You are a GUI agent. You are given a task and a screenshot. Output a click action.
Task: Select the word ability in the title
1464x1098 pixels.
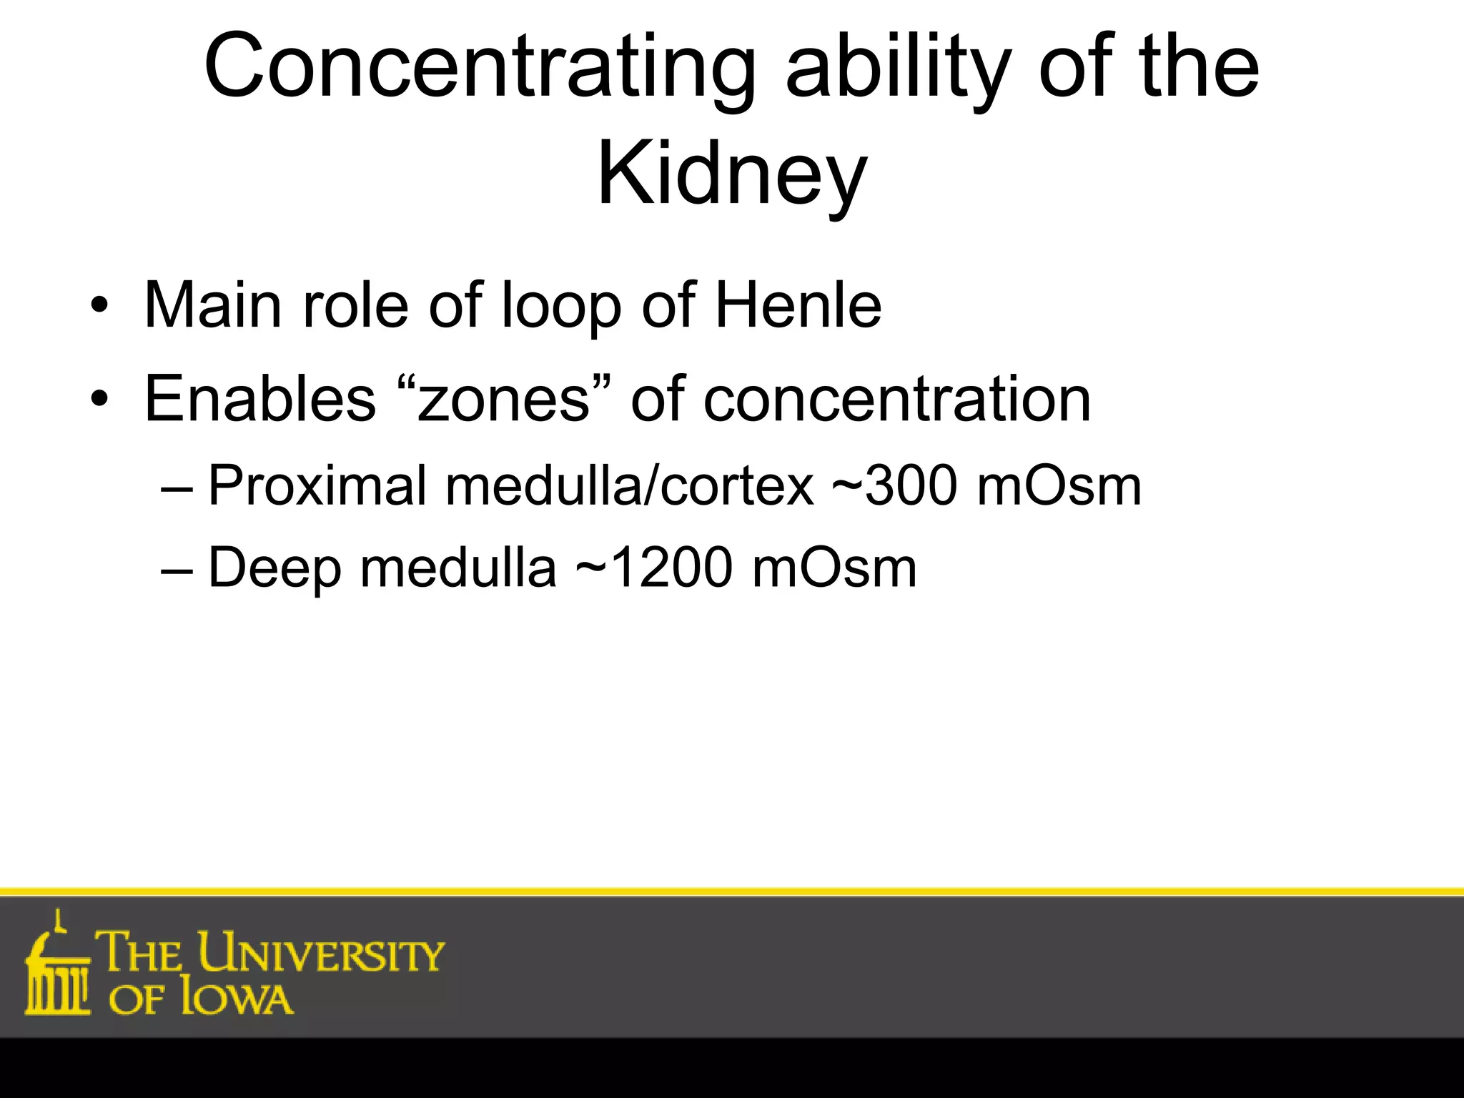897,68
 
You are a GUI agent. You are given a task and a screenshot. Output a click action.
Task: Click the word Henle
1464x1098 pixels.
798,305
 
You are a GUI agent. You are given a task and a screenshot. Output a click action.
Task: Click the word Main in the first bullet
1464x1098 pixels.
212,305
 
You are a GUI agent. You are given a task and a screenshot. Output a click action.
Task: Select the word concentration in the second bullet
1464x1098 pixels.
897,398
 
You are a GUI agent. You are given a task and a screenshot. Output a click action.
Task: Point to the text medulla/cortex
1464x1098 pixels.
630,486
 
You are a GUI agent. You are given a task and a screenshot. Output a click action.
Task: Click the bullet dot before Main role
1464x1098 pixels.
99,307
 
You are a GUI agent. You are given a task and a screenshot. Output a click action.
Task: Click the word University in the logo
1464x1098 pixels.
321,952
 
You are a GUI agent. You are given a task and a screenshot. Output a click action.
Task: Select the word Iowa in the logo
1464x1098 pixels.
237,999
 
